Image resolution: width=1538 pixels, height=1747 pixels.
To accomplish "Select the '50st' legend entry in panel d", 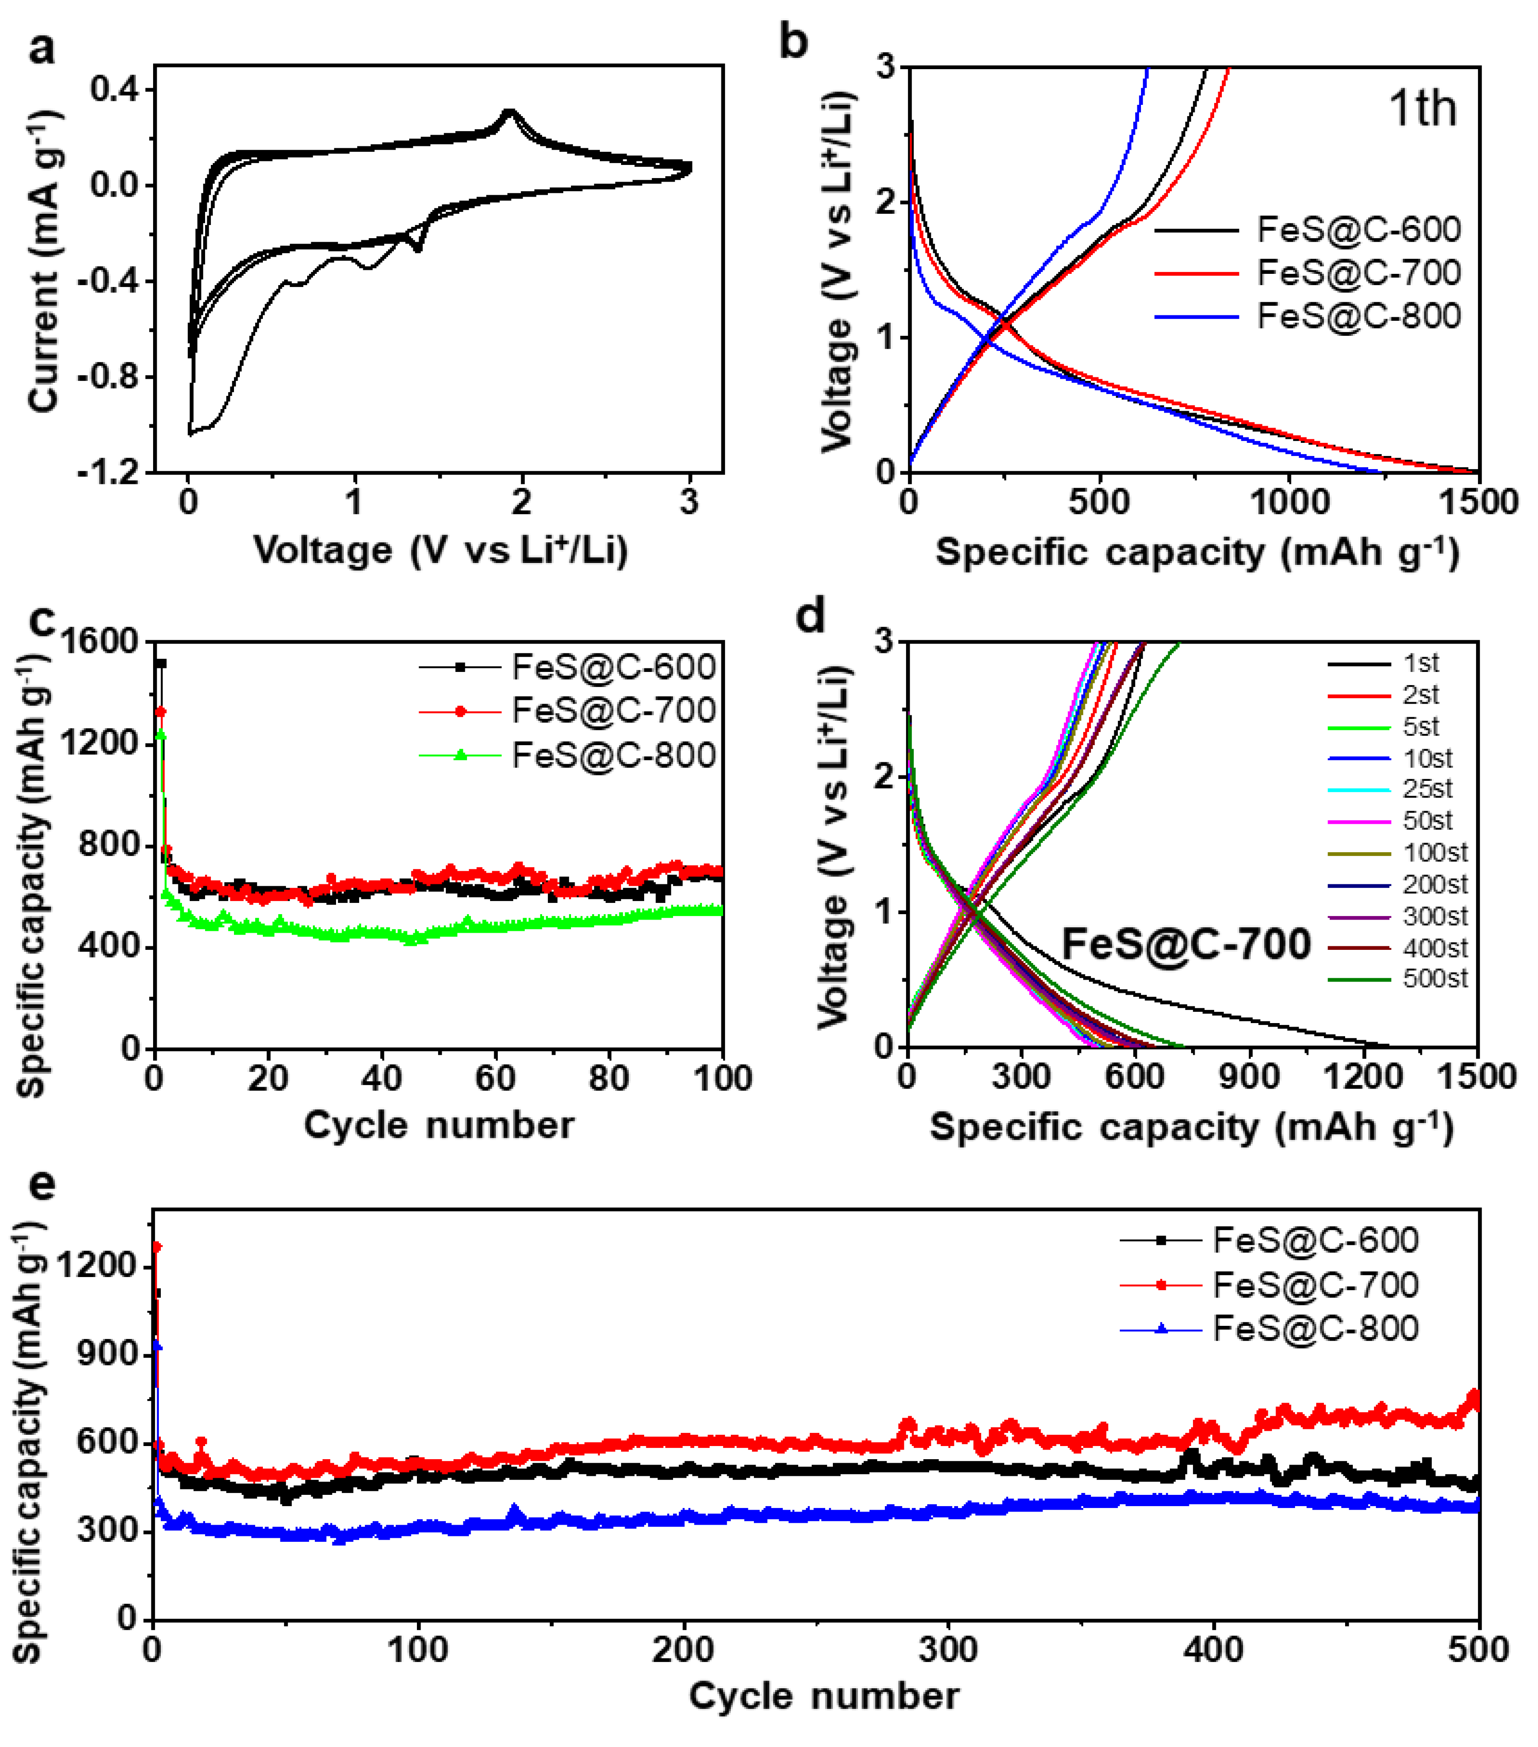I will tap(1427, 821).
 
